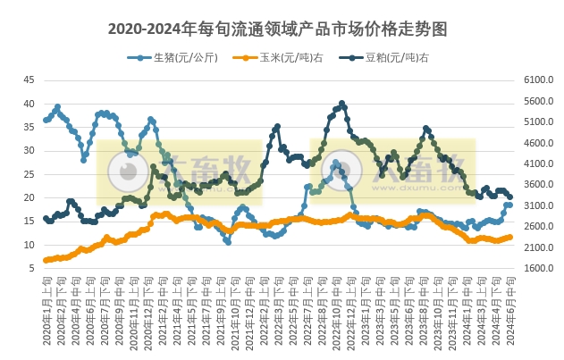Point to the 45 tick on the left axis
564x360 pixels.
pos(29,80)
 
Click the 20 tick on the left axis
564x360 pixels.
pos(29,197)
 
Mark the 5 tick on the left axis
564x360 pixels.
pos(31,268)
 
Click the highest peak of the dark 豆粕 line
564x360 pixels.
pos(342,104)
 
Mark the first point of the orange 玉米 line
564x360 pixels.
pos(46,260)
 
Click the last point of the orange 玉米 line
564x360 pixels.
pos(510,237)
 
